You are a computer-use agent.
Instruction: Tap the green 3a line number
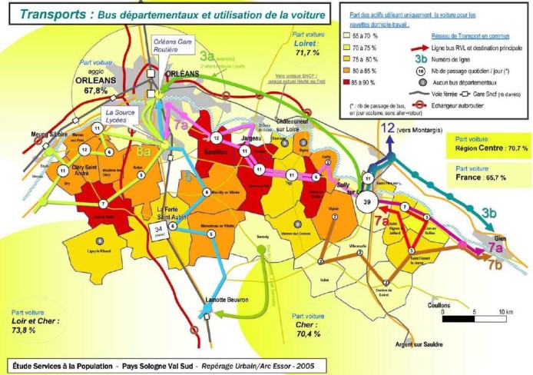(206, 55)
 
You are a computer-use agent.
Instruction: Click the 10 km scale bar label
(504, 311)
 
